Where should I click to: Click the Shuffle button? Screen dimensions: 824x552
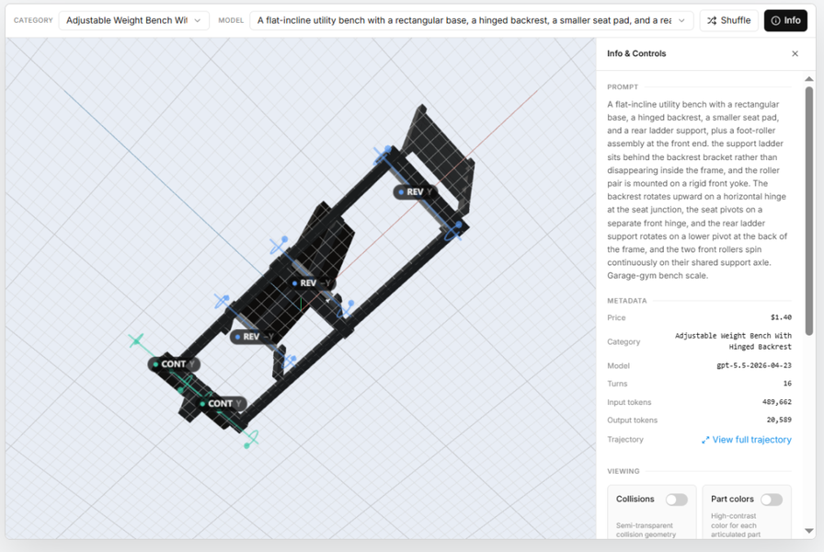(x=728, y=20)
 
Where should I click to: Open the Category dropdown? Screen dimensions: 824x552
(x=134, y=20)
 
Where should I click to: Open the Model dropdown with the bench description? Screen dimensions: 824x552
(x=472, y=20)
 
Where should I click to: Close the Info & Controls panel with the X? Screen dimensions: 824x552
(x=795, y=53)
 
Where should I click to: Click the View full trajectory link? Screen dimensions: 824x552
(x=746, y=440)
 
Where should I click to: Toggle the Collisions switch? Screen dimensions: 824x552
(x=676, y=500)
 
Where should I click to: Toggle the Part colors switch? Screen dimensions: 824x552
(x=772, y=500)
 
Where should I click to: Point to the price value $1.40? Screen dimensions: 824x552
(x=781, y=317)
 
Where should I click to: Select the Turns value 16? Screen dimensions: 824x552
(x=787, y=384)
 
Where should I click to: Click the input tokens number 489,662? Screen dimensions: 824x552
(x=777, y=402)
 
